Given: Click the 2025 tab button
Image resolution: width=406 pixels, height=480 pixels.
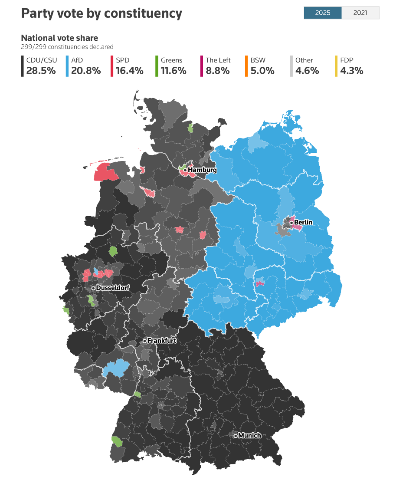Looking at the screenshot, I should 323,13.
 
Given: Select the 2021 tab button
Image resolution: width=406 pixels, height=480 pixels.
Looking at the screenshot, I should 360,13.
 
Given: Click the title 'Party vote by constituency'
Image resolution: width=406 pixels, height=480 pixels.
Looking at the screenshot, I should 101,13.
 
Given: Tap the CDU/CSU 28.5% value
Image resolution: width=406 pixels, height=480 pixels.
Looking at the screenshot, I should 41,71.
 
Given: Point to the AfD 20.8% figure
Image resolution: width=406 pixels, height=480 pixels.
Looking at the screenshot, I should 86,71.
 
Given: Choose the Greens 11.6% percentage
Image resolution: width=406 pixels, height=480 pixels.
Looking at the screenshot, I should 174,71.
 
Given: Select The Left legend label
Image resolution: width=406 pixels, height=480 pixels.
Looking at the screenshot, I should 218,60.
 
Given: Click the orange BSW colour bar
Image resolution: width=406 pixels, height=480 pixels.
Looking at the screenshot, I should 246,66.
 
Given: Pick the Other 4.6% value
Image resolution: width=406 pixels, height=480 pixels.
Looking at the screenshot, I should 307,71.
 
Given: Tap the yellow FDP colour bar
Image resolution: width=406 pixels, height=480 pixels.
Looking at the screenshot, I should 336,66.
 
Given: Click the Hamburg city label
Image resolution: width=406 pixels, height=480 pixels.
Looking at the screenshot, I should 202,170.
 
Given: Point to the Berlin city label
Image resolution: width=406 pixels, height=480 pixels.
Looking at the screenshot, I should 304,223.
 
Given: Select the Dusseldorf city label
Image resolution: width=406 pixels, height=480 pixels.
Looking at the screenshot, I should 113,288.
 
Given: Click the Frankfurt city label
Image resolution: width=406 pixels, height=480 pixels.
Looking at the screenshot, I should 162,341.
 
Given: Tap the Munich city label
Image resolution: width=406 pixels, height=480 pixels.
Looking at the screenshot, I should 249,435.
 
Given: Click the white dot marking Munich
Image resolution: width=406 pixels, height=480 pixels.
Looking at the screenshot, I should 235,435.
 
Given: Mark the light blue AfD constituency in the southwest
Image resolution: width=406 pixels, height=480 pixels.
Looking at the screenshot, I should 114,369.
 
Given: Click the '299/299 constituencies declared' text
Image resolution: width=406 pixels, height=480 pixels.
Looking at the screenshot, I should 67,47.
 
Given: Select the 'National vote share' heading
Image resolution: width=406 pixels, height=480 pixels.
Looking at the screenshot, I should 59,38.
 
